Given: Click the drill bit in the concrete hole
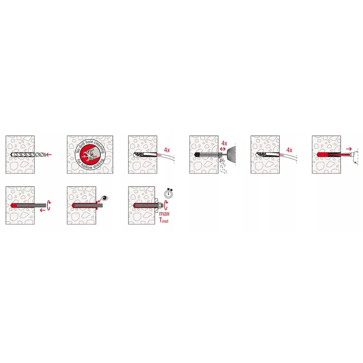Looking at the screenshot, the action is (28, 155).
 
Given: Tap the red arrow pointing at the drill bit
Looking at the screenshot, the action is (49, 155).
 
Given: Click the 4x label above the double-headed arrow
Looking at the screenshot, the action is (224, 143).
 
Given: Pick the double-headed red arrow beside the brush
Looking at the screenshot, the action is (223, 149).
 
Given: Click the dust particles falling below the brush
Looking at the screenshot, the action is (223, 165).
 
